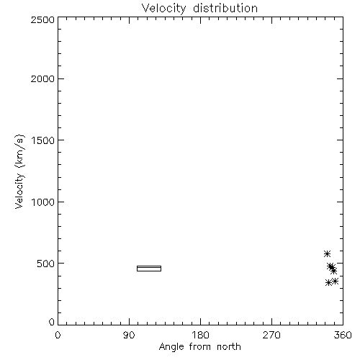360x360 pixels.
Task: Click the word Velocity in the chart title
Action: click(164, 9)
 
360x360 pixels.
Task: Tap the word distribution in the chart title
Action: click(225, 8)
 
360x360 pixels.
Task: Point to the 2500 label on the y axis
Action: click(42, 19)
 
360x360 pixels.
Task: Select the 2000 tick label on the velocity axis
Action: click(42, 78)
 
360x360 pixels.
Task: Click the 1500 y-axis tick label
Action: click(43, 140)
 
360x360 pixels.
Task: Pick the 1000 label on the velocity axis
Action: click(43, 202)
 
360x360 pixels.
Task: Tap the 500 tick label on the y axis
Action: click(46, 264)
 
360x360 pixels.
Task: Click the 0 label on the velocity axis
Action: click(52, 322)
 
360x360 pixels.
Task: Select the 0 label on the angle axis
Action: click(58, 335)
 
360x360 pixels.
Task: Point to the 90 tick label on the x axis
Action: click(129, 335)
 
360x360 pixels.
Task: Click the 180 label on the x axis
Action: click(200, 335)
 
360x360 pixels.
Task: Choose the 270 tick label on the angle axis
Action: click(271, 335)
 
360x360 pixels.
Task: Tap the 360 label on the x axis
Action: click(343, 335)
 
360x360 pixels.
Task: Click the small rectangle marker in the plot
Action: click(149, 266)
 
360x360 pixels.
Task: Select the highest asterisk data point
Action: click(327, 253)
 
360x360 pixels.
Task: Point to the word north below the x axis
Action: click(229, 346)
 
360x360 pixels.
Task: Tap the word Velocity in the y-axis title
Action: click(19, 191)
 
